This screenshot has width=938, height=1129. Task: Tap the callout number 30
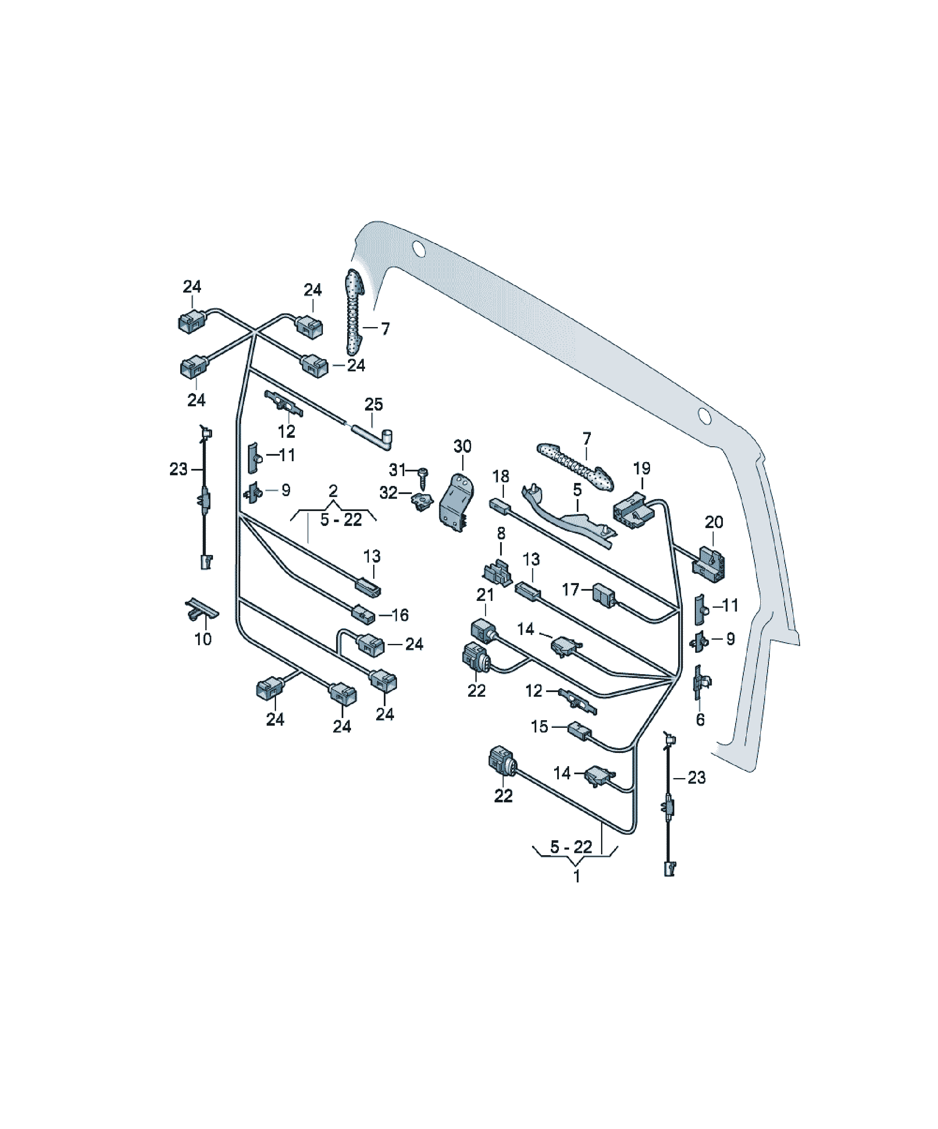[462, 446]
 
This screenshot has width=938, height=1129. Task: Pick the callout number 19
[642, 468]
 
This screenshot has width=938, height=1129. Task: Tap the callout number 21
[485, 595]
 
